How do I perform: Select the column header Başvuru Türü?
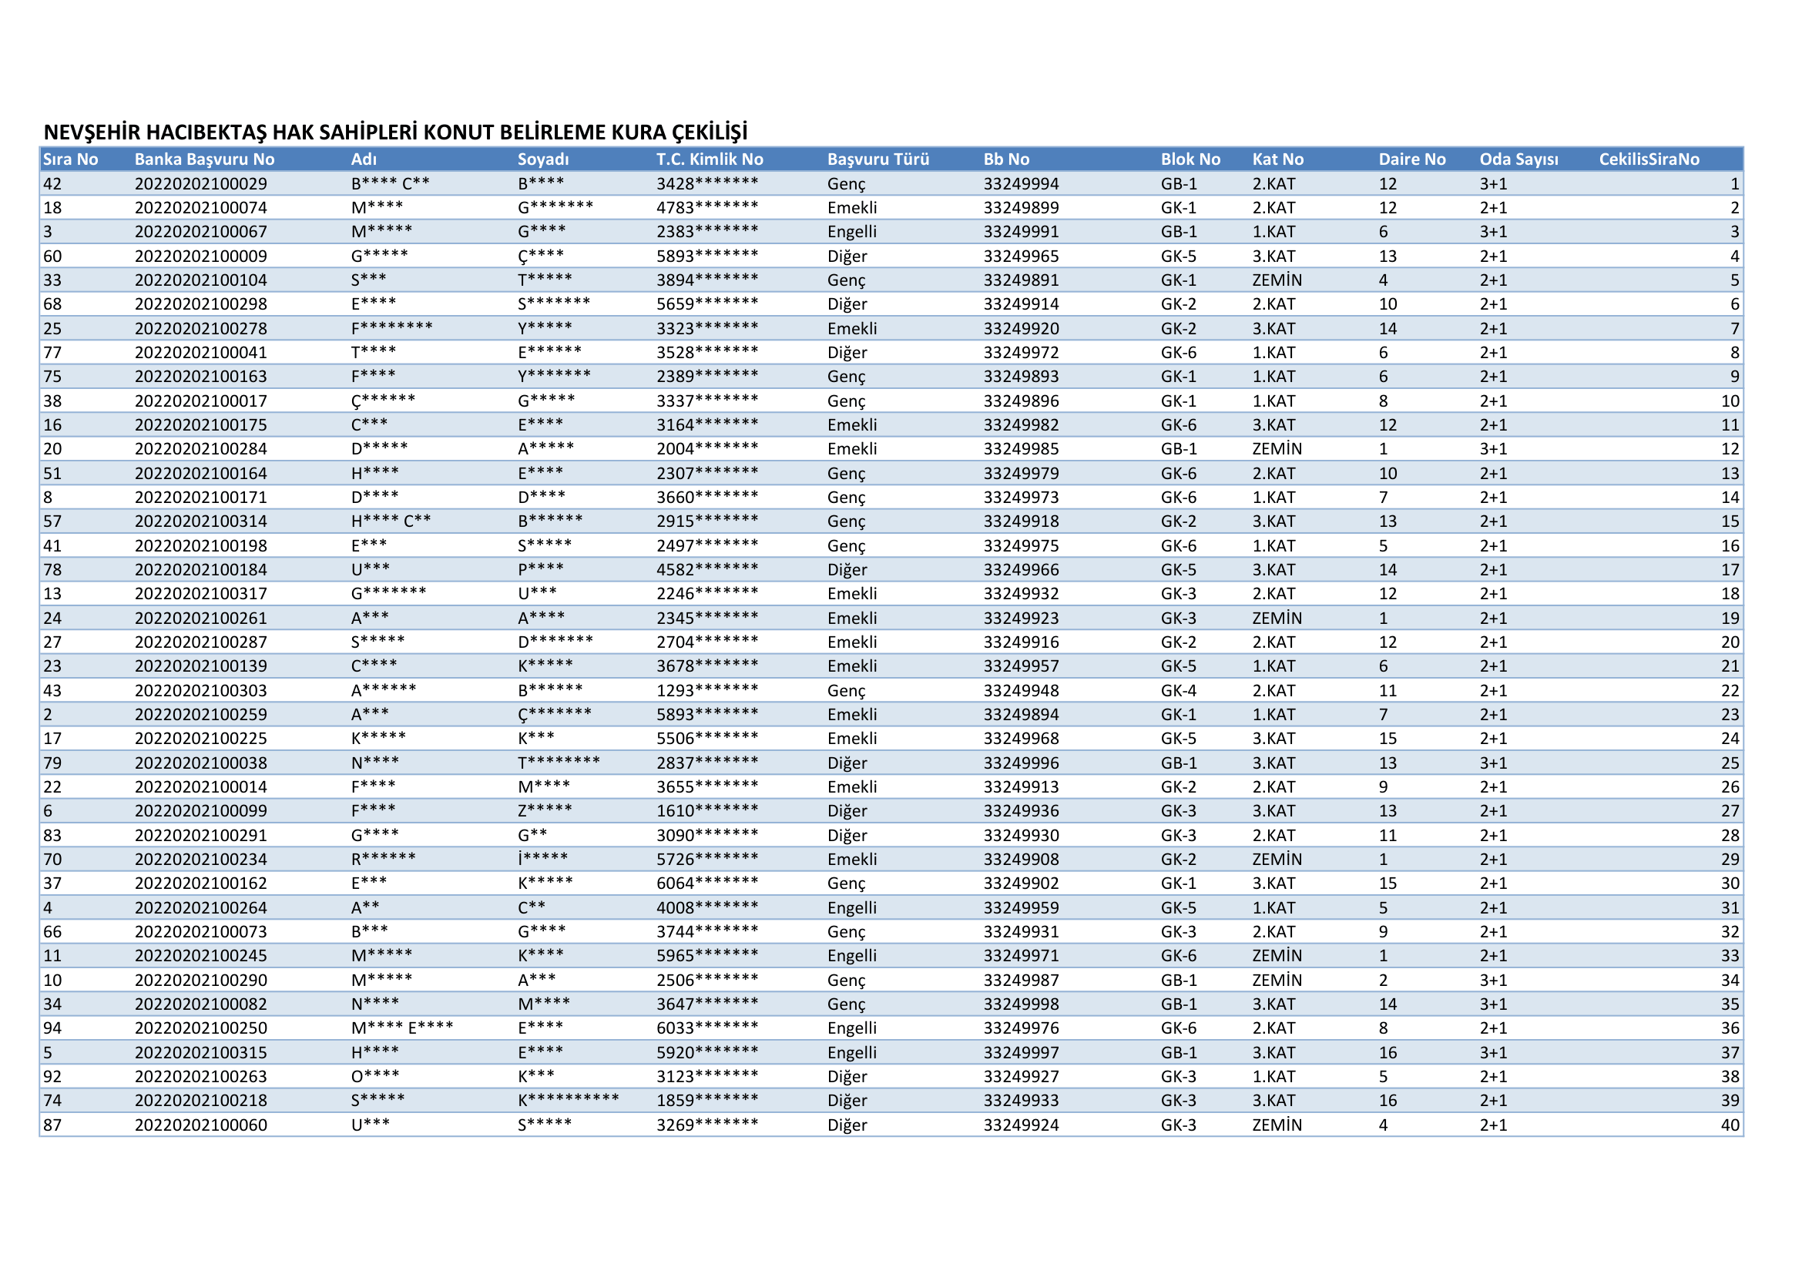(x=878, y=159)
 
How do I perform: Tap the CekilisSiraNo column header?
(x=1648, y=159)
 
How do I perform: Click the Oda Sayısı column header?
(x=1518, y=159)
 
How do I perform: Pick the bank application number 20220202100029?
(x=200, y=183)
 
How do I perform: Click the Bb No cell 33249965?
(x=1020, y=256)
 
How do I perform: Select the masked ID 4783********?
(x=707, y=208)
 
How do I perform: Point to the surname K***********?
(x=568, y=1101)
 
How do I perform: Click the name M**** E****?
(x=402, y=1028)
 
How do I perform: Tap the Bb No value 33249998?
(x=1020, y=1004)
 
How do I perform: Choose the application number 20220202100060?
(x=200, y=1125)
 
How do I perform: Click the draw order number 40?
(x=1730, y=1125)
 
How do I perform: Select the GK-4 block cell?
(x=1178, y=690)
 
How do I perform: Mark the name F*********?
(x=391, y=329)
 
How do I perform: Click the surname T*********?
(x=558, y=763)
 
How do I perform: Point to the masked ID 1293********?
(x=707, y=690)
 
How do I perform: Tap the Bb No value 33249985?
(x=1020, y=450)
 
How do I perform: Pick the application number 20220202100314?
(x=200, y=521)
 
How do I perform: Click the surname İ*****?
(x=542, y=860)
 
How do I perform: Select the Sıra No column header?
(x=70, y=159)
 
